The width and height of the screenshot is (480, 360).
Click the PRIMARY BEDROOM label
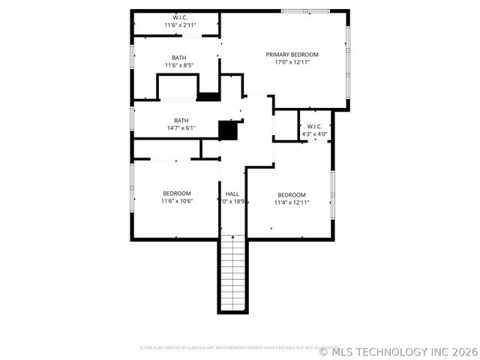pyautogui.click(x=292, y=55)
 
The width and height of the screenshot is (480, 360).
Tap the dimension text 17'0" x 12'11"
pyautogui.click(x=292, y=62)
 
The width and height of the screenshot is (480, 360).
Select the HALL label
pyautogui.click(x=232, y=193)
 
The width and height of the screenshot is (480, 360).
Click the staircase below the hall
pyautogui.click(x=232, y=273)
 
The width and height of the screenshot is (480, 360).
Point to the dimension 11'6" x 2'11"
pyautogui.click(x=180, y=25)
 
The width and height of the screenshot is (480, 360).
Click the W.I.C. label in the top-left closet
pyautogui.click(x=180, y=17)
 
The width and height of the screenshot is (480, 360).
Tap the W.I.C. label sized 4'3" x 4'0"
pyautogui.click(x=314, y=127)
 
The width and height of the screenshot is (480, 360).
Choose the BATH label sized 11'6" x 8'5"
pyautogui.click(x=179, y=58)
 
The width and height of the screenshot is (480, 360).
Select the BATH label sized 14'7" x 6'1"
pyautogui.click(x=181, y=120)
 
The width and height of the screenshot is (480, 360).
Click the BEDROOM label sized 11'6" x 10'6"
pyautogui.click(x=177, y=193)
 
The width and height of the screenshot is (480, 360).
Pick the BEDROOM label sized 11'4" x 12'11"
pyautogui.click(x=291, y=194)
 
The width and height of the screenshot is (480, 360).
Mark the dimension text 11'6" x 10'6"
pyautogui.click(x=177, y=201)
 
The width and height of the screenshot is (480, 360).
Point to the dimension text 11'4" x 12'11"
pyautogui.click(x=291, y=202)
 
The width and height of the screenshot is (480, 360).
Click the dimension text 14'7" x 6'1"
pyautogui.click(x=181, y=127)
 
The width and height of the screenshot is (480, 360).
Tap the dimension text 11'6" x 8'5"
pyautogui.click(x=179, y=65)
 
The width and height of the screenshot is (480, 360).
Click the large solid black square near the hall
pyautogui.click(x=228, y=130)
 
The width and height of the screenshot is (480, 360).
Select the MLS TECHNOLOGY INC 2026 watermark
pyautogui.click(x=398, y=351)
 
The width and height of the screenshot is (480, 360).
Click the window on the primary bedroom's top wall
pyautogui.click(x=305, y=10)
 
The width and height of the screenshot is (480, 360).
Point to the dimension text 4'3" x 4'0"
pyautogui.click(x=314, y=134)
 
